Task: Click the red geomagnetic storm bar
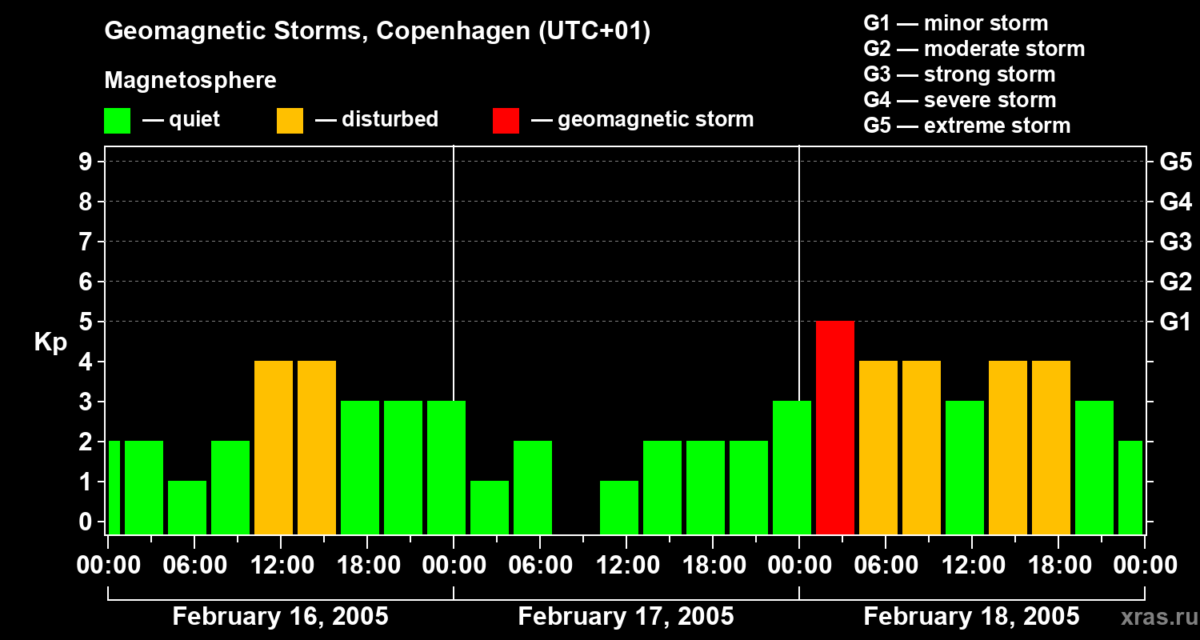[834, 427]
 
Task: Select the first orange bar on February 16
[274, 447]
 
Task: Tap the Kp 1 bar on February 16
[187, 507]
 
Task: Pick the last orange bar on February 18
[1051, 447]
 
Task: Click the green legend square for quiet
[117, 121]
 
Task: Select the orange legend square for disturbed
[290, 121]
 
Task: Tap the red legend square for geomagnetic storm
[506, 121]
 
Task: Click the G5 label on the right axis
[1175, 162]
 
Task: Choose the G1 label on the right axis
[1175, 322]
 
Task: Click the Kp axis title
[50, 342]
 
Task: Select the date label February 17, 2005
[626, 617]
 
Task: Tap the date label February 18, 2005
[971, 617]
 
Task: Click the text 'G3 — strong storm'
[959, 74]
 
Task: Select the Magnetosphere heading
[190, 81]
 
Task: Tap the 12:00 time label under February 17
[626, 566]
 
